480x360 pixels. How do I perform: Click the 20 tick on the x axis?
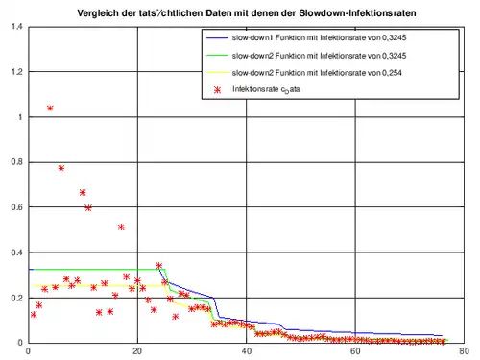tap(137, 351)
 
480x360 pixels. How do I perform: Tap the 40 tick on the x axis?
tap(247, 351)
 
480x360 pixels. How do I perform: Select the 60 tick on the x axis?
tap(356, 351)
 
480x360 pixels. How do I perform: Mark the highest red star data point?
tap(50, 108)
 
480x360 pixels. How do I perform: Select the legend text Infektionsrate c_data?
tap(284, 87)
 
